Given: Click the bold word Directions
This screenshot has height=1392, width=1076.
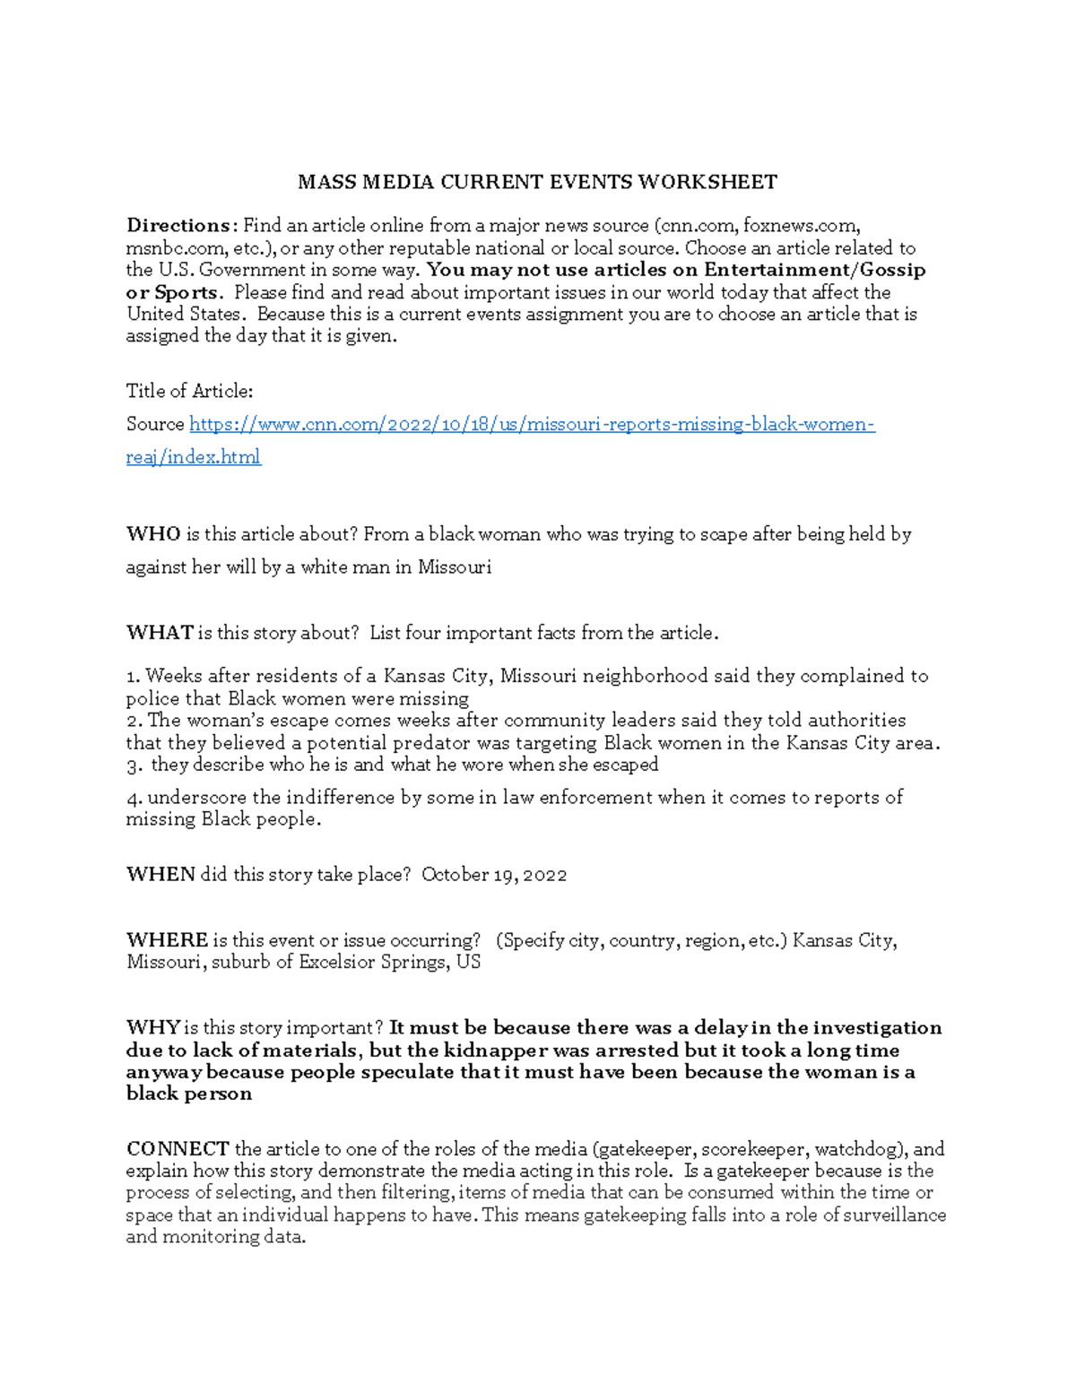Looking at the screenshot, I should pos(178,226).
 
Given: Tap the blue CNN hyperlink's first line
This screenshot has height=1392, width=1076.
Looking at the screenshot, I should pos(532,424).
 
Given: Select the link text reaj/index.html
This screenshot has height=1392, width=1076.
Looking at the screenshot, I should pos(193,457).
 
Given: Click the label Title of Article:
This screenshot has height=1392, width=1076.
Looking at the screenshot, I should pos(189,391).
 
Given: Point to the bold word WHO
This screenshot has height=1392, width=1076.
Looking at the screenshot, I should pos(153,534).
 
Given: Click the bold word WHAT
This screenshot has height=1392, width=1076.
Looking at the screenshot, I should pos(160,633).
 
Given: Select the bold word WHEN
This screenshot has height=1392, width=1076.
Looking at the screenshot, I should pos(161,875).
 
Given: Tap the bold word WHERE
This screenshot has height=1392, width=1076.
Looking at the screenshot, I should pos(167,940).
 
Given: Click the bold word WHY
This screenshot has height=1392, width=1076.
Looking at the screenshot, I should pos(153,1028).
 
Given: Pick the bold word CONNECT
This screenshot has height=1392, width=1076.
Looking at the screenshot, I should pos(178,1149).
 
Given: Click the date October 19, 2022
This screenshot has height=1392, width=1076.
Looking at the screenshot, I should pos(494,875).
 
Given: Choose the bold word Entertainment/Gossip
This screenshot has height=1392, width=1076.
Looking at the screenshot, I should pos(814,270).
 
